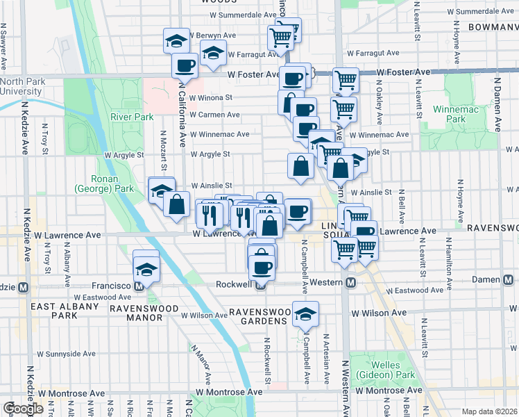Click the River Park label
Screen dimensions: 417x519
tap(130, 117)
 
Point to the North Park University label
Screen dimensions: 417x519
tap(22, 86)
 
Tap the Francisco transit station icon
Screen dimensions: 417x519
tap(139, 286)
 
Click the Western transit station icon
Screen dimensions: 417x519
tap(351, 283)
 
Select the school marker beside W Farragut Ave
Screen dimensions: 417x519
tap(213, 51)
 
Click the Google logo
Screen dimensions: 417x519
tap(22, 409)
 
